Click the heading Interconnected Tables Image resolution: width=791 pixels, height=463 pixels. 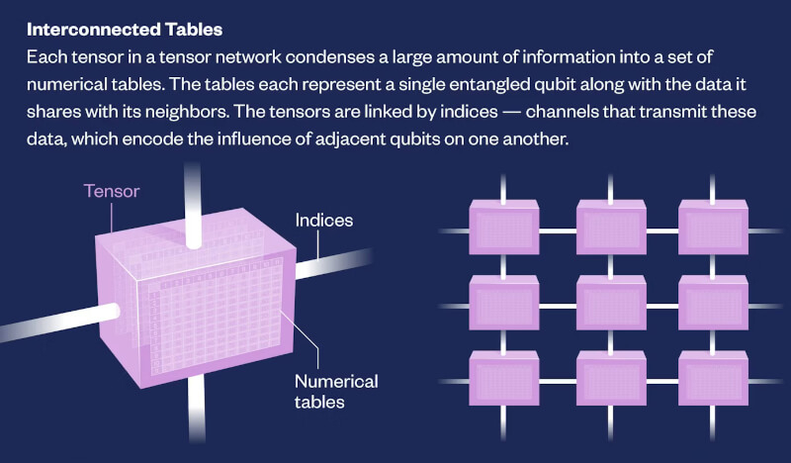click(x=125, y=30)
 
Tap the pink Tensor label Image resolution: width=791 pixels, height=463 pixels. click(x=112, y=191)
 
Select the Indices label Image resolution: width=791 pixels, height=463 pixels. click(x=324, y=221)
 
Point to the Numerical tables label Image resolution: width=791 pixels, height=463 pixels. click(x=336, y=392)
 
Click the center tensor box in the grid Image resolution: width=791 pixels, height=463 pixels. click(x=611, y=303)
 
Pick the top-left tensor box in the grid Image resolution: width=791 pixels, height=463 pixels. click(x=504, y=227)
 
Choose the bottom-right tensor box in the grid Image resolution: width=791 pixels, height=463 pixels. click(x=713, y=378)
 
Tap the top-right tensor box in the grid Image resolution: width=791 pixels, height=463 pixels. click(x=713, y=227)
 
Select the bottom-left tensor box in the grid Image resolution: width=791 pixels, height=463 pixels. click(x=504, y=378)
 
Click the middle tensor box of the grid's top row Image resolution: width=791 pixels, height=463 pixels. click(x=611, y=227)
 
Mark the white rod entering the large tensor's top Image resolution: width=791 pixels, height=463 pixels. click(x=192, y=206)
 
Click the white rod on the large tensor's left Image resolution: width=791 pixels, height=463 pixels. click(x=59, y=322)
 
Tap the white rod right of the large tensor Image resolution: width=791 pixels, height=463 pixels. click(x=334, y=263)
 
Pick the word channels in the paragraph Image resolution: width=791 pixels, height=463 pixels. click(x=561, y=111)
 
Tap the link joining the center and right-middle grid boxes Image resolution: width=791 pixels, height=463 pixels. click(x=662, y=306)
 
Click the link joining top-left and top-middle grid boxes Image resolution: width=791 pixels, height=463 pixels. click(x=558, y=231)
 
